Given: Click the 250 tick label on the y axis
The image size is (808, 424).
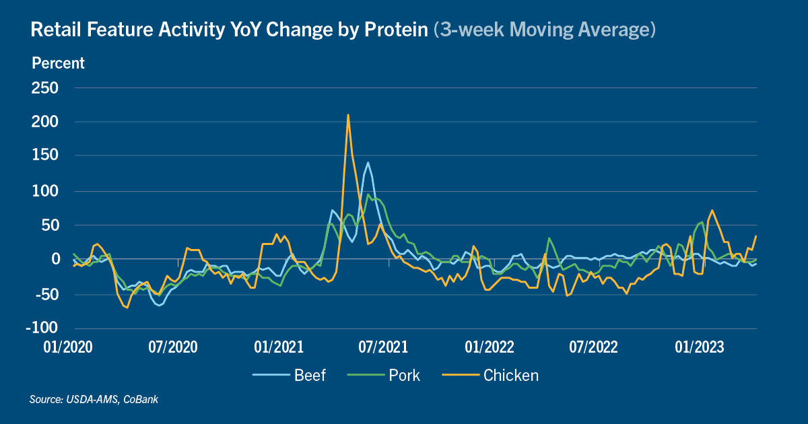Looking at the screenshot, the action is [x=44, y=88].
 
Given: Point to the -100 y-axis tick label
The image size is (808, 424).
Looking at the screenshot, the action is [x=42, y=328].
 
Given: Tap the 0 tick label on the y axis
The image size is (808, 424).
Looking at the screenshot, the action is [x=55, y=259].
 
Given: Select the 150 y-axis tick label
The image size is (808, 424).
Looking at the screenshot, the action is [x=45, y=155].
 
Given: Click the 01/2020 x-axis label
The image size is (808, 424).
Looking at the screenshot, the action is [x=68, y=347].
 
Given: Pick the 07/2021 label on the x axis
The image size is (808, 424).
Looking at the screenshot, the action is [x=383, y=347].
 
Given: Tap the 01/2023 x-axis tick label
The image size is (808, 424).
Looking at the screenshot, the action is [x=700, y=347].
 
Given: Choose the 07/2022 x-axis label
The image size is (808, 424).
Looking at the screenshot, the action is [x=593, y=347].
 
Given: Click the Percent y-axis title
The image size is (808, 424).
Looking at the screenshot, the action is [x=58, y=63].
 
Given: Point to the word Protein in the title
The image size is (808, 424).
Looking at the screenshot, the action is [x=396, y=29].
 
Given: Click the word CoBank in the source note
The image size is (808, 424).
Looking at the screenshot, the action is [x=141, y=400].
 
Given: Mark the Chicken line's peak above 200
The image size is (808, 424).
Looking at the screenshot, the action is [x=347, y=115].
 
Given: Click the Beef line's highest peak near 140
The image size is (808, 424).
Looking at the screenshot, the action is [x=368, y=163].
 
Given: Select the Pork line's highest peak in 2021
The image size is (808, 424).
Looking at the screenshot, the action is [x=368, y=195].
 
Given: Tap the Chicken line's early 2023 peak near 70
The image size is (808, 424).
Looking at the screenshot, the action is [x=712, y=210].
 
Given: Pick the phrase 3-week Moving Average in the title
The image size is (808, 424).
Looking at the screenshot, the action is [x=544, y=29].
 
